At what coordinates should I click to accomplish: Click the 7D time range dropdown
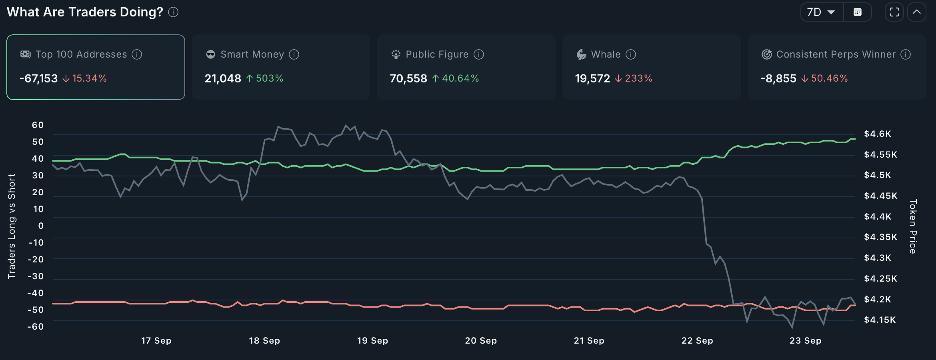(x=821, y=12)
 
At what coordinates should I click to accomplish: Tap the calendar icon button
(x=857, y=12)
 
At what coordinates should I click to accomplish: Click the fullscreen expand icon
(x=894, y=12)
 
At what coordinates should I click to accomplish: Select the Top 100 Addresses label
(x=81, y=54)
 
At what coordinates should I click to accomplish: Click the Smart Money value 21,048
(x=223, y=78)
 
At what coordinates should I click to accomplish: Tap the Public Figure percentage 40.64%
(x=460, y=78)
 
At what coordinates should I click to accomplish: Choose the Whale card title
(x=606, y=54)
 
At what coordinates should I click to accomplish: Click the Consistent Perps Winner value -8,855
(x=778, y=78)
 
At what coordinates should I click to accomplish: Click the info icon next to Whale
(x=631, y=54)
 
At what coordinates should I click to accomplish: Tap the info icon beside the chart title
(x=173, y=12)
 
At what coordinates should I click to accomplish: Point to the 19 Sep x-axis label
(x=372, y=341)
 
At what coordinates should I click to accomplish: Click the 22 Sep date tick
(x=697, y=341)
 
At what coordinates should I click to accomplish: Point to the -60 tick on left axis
(x=36, y=327)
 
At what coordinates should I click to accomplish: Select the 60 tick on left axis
(x=38, y=125)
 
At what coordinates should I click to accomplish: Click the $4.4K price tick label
(x=878, y=217)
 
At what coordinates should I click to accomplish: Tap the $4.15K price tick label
(x=880, y=320)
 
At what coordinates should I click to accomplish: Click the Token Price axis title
(x=913, y=226)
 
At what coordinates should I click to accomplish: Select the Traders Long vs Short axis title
(x=12, y=226)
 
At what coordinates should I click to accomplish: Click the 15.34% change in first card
(x=89, y=78)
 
